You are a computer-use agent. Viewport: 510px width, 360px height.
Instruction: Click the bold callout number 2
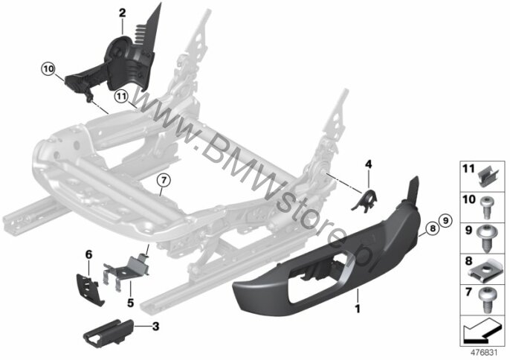point(122,13)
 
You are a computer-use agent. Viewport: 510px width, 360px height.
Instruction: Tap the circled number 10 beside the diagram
point(48,69)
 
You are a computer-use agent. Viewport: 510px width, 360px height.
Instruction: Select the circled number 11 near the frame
point(121,97)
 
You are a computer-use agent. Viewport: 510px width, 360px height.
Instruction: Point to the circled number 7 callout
point(164,180)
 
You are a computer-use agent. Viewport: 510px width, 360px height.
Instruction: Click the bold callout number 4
point(368,164)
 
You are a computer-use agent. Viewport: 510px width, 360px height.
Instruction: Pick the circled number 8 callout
point(432,228)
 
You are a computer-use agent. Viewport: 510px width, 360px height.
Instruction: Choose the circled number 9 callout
point(445,221)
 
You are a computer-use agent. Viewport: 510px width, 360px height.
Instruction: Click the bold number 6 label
point(88,254)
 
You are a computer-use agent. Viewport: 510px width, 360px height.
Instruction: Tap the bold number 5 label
point(130,303)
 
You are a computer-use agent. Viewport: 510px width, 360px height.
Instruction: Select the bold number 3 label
point(156,326)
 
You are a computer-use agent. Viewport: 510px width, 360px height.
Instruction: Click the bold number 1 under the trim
point(358,309)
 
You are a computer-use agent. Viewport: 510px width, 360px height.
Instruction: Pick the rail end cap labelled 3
point(109,332)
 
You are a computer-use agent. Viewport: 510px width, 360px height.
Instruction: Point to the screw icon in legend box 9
point(486,239)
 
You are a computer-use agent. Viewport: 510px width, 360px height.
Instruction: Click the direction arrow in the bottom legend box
point(481,330)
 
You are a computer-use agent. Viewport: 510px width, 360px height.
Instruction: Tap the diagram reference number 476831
point(484,353)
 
